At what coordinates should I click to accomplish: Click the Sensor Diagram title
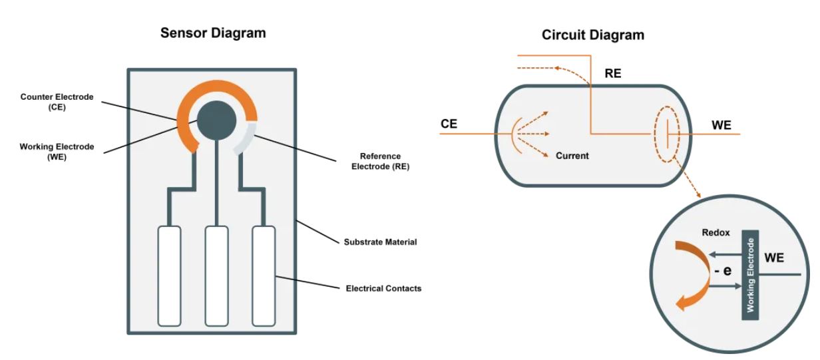click(213, 33)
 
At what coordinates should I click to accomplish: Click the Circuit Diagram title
click(592, 35)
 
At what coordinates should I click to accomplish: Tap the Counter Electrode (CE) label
click(57, 102)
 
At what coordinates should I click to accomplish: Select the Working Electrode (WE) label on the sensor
click(57, 151)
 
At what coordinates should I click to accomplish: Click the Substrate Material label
click(380, 242)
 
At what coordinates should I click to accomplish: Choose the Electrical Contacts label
click(383, 289)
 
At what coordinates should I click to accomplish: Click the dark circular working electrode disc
click(217, 120)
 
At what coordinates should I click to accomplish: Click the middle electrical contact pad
click(216, 275)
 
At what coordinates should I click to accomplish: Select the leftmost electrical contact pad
click(169, 275)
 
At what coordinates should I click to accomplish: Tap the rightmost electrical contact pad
click(264, 275)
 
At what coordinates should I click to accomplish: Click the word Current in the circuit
click(572, 156)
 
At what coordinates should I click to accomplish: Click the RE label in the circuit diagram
click(613, 74)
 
